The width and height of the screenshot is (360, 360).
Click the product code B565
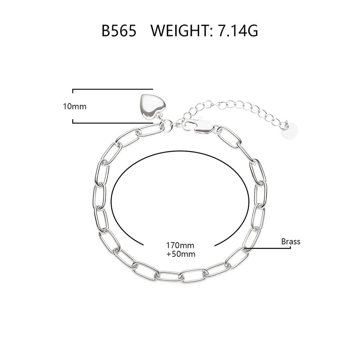pos(119,30)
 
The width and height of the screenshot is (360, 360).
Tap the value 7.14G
pos(238,30)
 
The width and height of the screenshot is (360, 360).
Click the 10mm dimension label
pos(75,106)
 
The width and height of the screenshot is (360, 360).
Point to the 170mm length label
pos(180,246)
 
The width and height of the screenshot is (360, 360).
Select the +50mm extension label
pos(181,254)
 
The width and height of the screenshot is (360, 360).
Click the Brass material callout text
pos(291,242)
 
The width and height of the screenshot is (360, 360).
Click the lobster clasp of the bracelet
pos(198,126)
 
